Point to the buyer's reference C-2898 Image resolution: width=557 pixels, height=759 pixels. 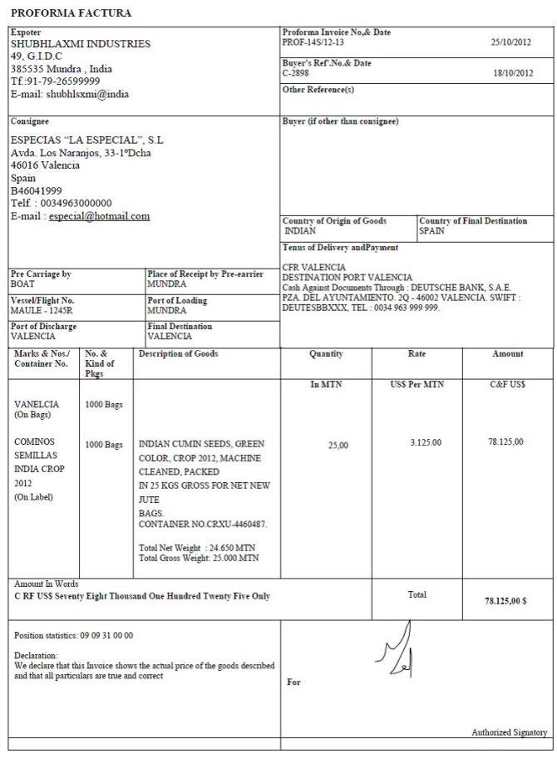pos(296,73)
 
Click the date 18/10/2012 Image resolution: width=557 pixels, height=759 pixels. pos(511,73)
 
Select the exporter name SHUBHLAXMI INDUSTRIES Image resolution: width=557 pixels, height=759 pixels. pos(81,44)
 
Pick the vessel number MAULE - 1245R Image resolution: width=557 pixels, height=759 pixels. pos(42,310)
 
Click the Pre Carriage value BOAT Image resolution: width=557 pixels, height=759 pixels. pos(22,283)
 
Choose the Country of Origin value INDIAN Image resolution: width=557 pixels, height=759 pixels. pos(300,231)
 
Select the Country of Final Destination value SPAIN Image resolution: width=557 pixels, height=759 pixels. pos(432,231)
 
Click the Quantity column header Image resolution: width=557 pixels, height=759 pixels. pos(326,354)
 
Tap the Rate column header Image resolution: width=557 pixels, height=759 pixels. pos(417,354)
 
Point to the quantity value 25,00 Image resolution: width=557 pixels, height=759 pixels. pos(338,446)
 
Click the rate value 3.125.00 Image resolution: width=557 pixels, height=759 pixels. pos(426,442)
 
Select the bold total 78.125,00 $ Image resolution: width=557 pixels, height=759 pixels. pos(505,601)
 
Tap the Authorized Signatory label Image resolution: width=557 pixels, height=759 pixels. pos(510,732)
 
